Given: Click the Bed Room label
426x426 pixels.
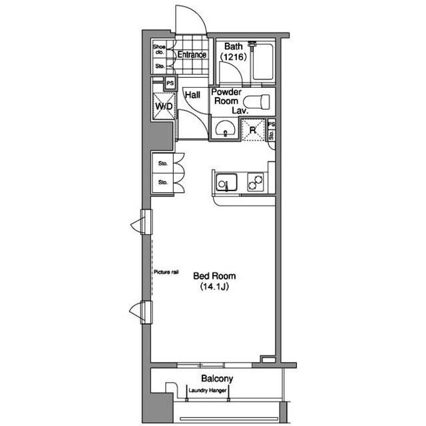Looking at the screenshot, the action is tap(214, 276).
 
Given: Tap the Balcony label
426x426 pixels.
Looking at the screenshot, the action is tap(217, 379).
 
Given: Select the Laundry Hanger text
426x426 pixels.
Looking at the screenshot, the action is tap(208, 391).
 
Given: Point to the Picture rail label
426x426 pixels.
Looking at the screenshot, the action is tap(166, 272).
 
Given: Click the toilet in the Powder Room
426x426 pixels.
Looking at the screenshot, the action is tap(256, 102).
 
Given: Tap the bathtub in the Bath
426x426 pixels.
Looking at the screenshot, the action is tap(263, 62).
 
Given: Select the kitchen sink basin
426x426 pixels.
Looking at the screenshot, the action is tap(226, 182).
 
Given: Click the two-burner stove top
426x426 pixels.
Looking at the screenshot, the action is tap(256, 182).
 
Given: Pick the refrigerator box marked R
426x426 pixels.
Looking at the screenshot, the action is tap(253, 130).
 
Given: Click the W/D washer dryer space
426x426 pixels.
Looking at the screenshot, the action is tap(164, 106).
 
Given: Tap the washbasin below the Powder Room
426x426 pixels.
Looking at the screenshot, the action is tap(225, 128).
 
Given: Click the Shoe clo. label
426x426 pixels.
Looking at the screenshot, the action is tap(159, 49).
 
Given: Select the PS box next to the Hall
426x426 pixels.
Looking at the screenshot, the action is tap(170, 83).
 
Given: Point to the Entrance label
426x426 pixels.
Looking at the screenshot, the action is tap(192, 55).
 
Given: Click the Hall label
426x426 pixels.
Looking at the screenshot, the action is tap(192, 95).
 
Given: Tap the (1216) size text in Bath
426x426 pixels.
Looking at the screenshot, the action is tap(234, 57).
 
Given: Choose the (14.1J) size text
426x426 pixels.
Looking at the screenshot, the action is tap(214, 287).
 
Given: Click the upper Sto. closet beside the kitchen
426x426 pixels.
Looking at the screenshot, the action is tap(162, 163).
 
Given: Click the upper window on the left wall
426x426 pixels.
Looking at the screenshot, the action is tap(146, 222).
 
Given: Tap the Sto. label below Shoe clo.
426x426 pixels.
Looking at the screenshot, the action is tap(160, 66).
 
